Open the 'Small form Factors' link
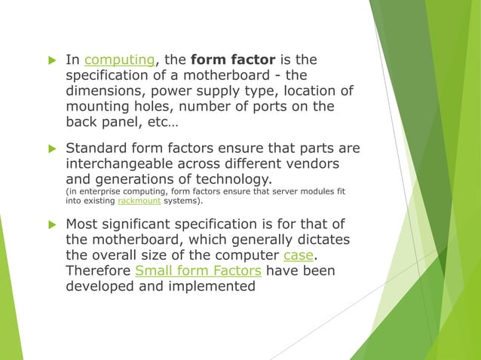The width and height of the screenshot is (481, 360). coord(198,270)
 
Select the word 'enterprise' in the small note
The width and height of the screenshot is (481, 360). coord(98,192)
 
